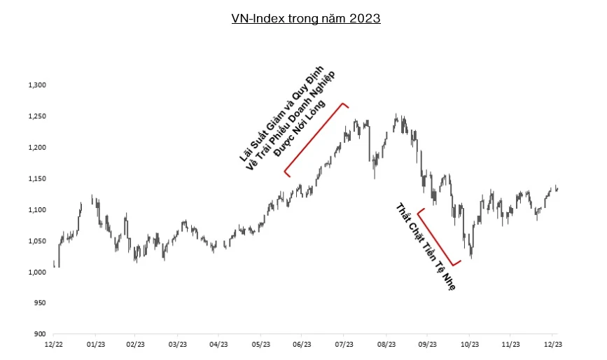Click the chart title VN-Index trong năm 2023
tap(306, 19)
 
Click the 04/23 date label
tap(219, 345)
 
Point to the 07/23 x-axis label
tap(344, 345)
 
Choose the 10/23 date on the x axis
tap(469, 345)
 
